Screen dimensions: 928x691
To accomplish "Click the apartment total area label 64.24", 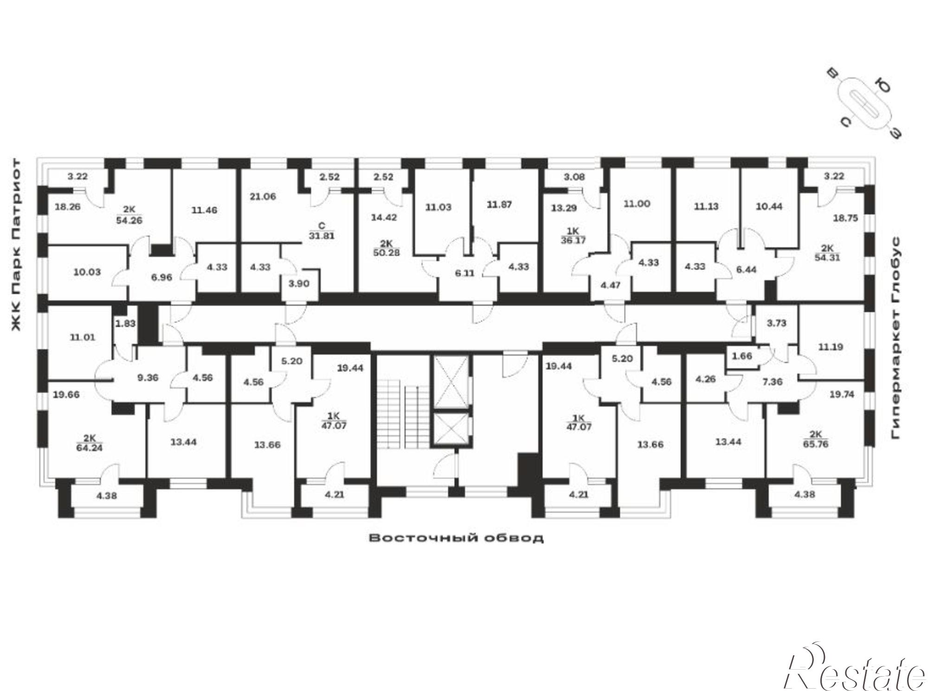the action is point(90,448).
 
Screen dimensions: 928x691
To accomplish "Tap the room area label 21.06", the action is point(263,197).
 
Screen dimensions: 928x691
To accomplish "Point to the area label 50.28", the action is point(386,253).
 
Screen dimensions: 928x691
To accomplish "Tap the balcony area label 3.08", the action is point(574,177).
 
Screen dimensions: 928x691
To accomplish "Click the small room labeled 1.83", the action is point(125,324).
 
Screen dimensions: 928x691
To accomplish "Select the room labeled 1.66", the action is point(741,356).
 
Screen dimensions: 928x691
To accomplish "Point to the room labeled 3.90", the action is point(299,283).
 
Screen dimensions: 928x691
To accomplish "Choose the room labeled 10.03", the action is point(87,272).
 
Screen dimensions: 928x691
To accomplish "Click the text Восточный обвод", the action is point(456,538).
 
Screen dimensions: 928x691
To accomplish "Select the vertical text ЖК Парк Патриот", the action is point(16,245).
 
